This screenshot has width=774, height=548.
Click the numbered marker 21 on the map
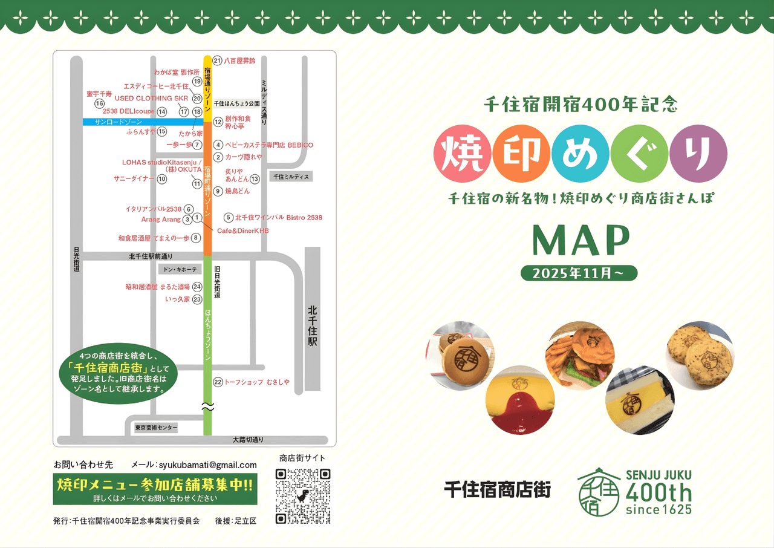point(218,60)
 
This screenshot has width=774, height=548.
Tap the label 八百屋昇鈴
point(240,60)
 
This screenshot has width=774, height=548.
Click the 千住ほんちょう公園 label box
point(236,103)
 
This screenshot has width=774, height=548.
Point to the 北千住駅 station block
point(313,319)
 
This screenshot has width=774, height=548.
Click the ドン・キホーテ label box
point(177,269)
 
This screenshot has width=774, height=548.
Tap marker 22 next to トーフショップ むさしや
point(218,382)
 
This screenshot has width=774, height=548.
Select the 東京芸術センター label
point(157,428)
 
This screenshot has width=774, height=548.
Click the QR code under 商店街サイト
point(303,496)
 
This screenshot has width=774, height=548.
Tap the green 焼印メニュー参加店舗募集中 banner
point(155,488)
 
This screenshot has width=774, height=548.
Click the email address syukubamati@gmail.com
point(207,465)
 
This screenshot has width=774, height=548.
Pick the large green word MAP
point(580,240)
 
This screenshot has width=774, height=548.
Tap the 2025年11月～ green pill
point(579,273)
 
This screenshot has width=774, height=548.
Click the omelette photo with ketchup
point(519,400)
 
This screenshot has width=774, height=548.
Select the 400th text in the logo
point(659,493)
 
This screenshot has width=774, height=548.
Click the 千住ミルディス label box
point(291,177)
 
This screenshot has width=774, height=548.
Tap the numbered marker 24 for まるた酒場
point(197,287)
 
